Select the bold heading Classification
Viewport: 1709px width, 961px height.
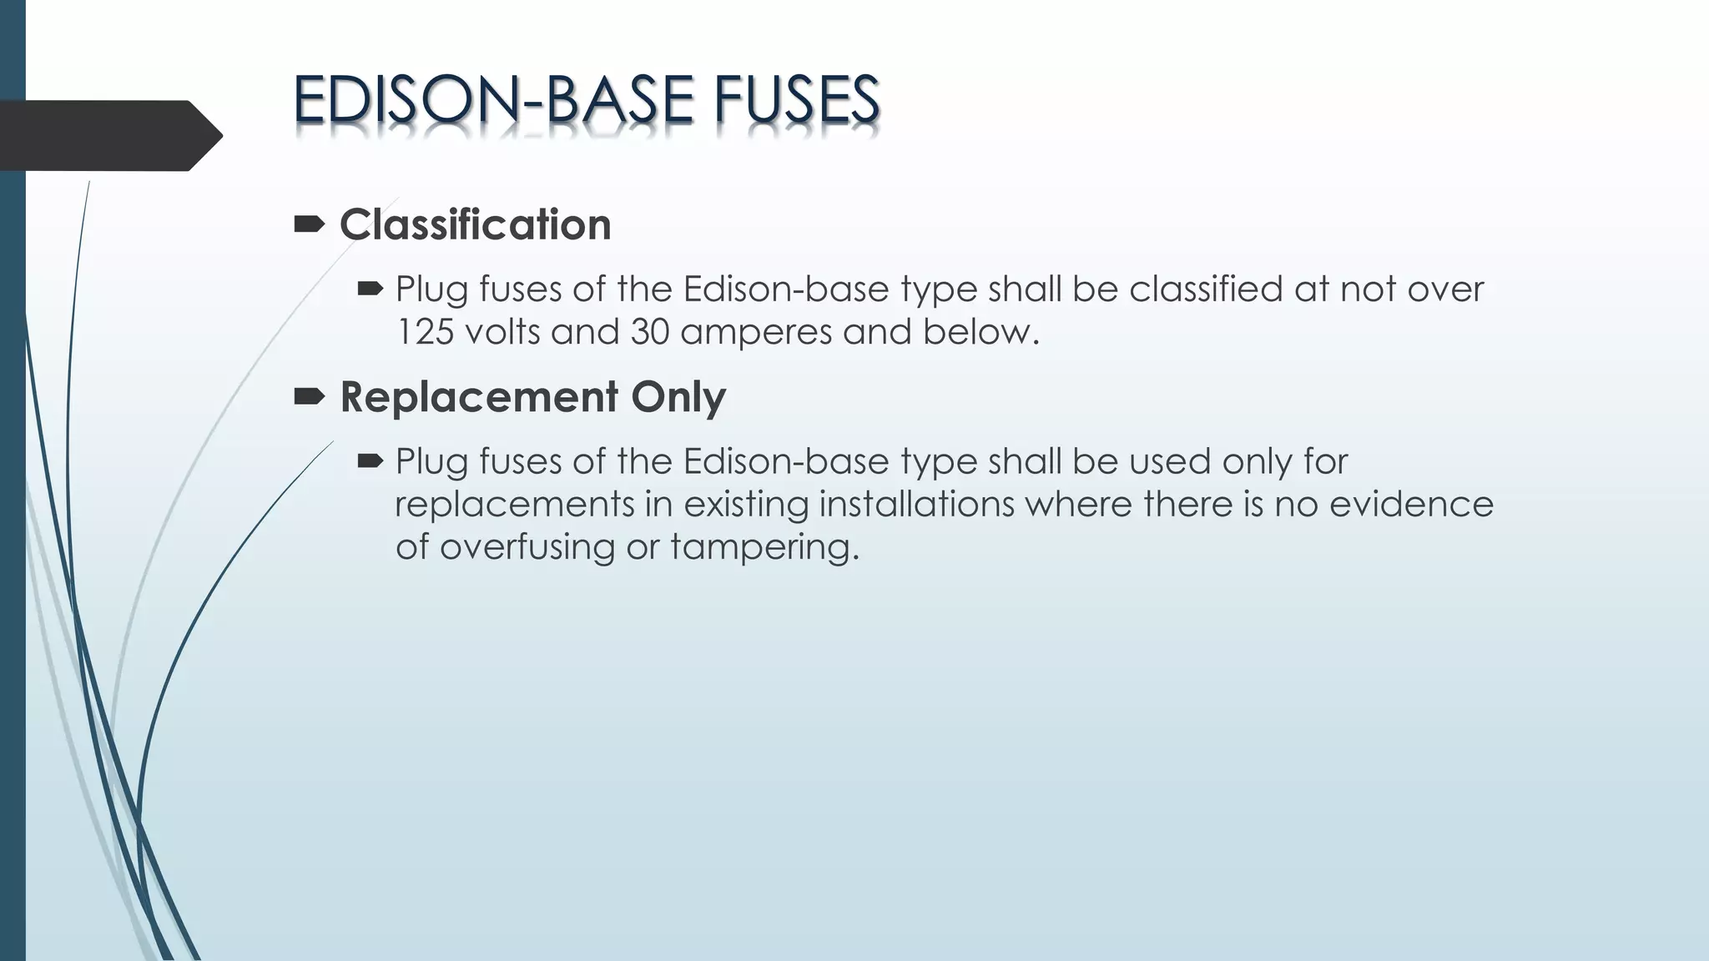coord(475,225)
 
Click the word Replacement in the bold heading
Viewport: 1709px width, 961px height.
coord(479,397)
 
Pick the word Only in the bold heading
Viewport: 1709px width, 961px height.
coord(678,397)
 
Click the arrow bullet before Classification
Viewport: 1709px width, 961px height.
coord(310,224)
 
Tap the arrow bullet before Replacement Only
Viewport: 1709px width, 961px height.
coord(310,396)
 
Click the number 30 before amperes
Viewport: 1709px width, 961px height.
coord(649,332)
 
